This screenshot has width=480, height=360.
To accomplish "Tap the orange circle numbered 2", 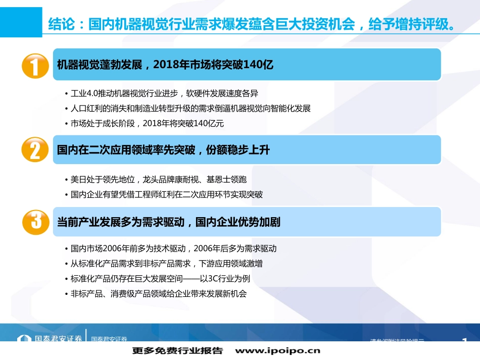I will pos(35,150).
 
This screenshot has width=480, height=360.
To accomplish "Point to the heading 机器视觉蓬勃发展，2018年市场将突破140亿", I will pos(165,65).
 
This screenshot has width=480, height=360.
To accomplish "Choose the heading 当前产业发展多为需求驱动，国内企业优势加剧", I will pos(169,222).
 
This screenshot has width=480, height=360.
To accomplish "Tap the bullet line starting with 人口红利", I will pos(190,109).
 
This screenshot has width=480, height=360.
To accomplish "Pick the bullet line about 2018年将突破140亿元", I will pos(147,123).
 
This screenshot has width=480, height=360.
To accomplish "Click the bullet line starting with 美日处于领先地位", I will pos(159,179).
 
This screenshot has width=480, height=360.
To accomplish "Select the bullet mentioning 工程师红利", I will pos(167,194).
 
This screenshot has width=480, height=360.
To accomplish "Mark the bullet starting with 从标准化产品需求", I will pos(166,264).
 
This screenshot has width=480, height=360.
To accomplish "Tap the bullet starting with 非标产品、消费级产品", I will pos(159,293).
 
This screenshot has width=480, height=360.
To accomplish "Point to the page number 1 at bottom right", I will pos(464,341).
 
